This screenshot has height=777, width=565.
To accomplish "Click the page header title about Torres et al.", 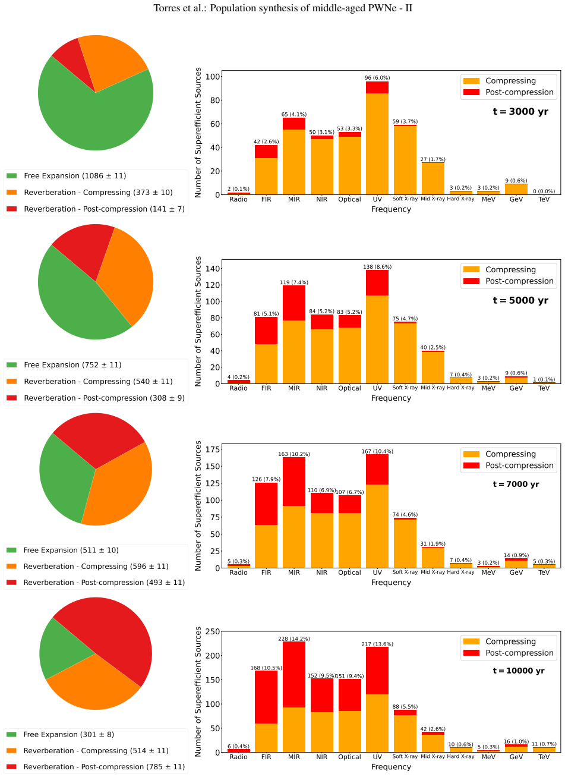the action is pyautogui.click(x=283, y=8).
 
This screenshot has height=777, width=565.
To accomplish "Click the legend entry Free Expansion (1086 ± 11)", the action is pyautogui.click(x=75, y=176).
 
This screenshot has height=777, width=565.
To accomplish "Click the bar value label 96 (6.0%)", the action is pyautogui.click(x=377, y=78).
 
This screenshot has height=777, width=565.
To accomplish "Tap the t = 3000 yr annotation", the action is pyautogui.click(x=520, y=112).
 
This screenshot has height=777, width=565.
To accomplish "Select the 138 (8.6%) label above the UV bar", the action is pyautogui.click(x=377, y=267).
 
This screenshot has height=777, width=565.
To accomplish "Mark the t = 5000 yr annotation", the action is pyautogui.click(x=520, y=300).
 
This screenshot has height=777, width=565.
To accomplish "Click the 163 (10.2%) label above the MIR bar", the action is pyautogui.click(x=294, y=454).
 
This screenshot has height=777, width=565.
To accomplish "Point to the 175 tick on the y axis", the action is pyautogui.click(x=213, y=449).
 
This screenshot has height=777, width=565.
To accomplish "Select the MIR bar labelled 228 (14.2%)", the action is pyautogui.click(x=294, y=697).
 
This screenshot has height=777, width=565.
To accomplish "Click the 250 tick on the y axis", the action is pyautogui.click(x=213, y=631).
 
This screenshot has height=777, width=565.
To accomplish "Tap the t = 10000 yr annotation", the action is pyautogui.click(x=519, y=671).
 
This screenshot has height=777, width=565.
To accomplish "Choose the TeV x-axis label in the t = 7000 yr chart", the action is pyautogui.click(x=544, y=572).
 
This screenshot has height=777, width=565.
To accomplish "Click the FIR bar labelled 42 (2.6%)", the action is pyautogui.click(x=266, y=170).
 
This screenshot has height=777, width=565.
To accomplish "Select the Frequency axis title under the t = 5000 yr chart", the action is pyautogui.click(x=391, y=398).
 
